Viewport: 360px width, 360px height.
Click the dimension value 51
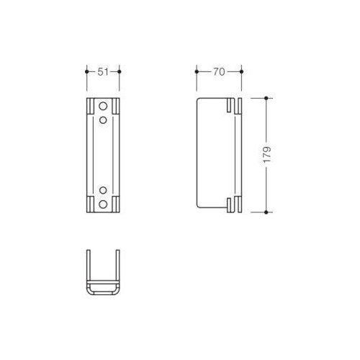[x=103, y=72]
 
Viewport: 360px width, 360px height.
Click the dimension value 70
[x=219, y=72]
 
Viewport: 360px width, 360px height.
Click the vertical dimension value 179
[x=267, y=155]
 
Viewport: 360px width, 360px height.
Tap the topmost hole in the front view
[x=103, y=106]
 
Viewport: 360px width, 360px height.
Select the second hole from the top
[x=103, y=120]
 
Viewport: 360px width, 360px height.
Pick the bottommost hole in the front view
[x=103, y=204]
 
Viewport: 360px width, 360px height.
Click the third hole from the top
[x=103, y=190]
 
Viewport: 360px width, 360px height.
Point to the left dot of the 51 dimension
[x=87, y=71]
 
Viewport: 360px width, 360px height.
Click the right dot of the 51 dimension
[x=120, y=71]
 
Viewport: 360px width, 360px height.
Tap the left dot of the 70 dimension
[x=197, y=71]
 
